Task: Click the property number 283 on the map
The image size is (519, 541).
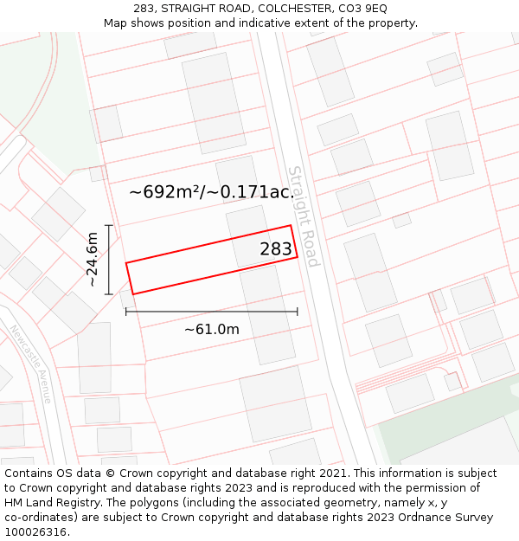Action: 276,249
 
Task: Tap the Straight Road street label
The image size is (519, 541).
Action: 304,216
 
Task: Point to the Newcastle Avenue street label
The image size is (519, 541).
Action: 31,364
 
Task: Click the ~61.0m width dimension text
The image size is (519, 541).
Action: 211,329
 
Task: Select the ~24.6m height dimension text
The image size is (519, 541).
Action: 92,259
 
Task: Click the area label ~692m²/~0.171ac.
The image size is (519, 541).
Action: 211,192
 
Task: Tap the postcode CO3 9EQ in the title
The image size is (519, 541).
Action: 366,8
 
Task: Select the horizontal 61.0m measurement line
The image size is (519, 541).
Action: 211,312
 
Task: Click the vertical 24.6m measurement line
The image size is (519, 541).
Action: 109,260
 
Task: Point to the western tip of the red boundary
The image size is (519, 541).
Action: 126,263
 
